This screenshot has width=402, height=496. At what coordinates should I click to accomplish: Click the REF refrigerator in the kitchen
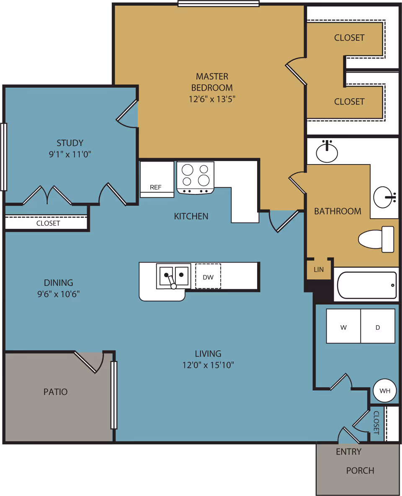click(157, 179)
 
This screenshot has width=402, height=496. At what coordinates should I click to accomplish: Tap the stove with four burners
click(196, 176)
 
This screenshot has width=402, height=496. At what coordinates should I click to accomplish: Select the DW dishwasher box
click(208, 277)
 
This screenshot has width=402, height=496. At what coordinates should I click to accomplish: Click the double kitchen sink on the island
click(173, 276)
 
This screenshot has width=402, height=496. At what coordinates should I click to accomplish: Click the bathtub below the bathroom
click(367, 285)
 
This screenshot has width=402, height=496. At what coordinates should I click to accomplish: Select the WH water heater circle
click(384, 391)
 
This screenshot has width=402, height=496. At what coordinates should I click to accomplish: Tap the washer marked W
click(343, 326)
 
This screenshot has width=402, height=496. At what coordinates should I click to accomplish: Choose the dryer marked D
click(378, 326)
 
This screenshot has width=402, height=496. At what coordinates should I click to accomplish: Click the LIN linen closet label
click(319, 269)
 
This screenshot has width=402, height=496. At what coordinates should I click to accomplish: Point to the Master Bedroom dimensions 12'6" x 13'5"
click(212, 99)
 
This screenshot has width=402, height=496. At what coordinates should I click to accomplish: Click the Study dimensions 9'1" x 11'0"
click(70, 154)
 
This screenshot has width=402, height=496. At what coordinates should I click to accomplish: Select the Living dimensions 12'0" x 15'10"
click(208, 365)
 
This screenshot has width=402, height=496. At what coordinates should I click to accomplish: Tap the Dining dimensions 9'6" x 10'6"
click(59, 294)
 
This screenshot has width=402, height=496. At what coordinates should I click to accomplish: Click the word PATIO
click(55, 392)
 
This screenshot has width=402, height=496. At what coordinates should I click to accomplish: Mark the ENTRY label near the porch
click(348, 452)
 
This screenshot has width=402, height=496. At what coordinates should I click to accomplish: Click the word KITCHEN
click(191, 216)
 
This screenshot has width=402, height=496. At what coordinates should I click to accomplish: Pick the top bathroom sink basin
click(327, 152)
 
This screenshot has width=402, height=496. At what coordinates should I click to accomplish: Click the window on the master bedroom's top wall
click(219, 4)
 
